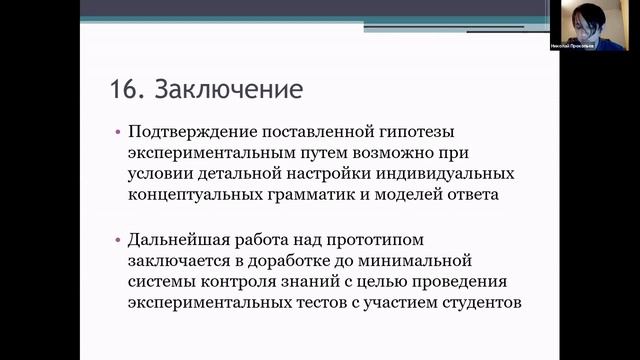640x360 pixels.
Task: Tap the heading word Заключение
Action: point(226,90)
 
